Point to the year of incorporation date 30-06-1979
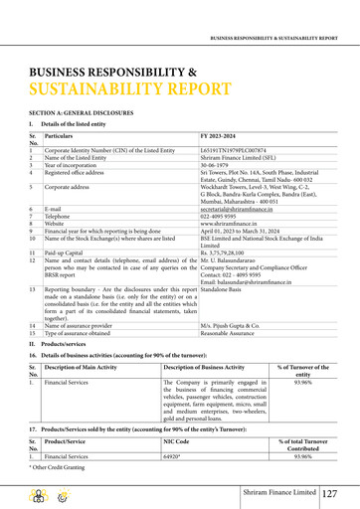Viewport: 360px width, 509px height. (x=216, y=164)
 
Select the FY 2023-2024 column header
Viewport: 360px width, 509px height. (x=221, y=135)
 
